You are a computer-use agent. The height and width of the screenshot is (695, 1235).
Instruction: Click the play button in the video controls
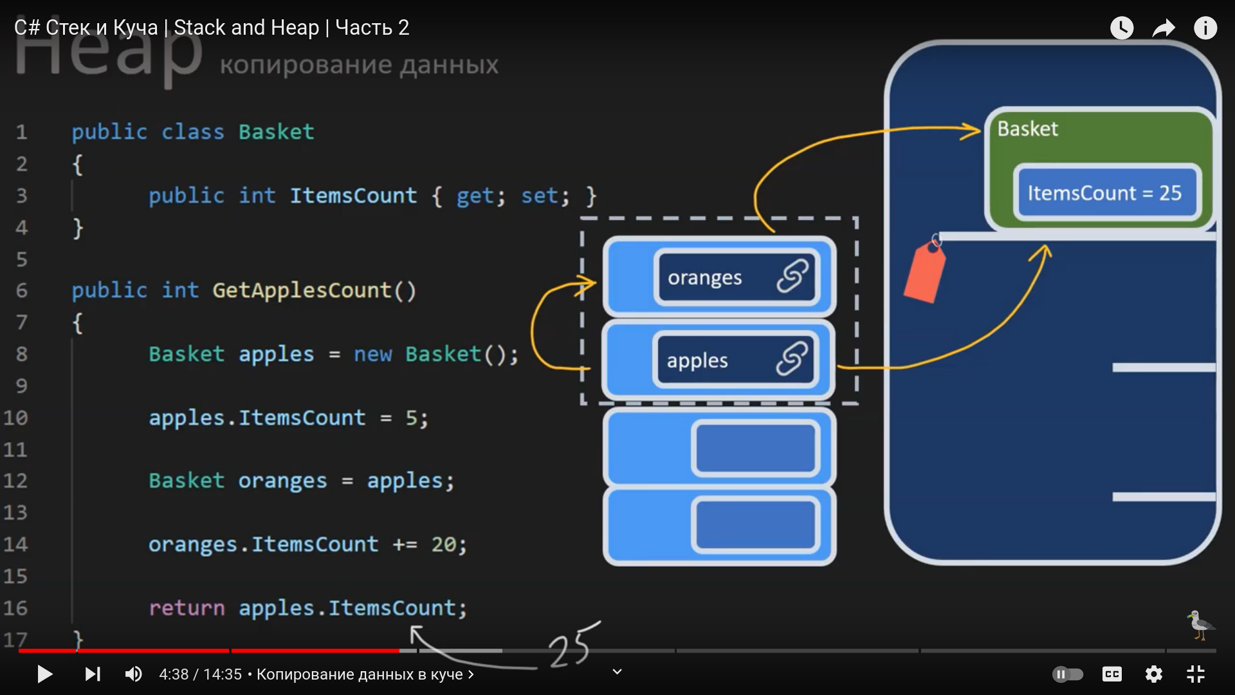pos(44,674)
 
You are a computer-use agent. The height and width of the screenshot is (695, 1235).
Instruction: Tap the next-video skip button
pos(93,674)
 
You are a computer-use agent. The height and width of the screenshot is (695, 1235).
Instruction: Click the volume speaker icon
pos(133,674)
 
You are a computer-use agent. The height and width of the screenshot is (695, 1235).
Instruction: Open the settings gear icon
pos(1154,674)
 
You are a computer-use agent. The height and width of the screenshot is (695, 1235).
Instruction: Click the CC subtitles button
pos(1112,674)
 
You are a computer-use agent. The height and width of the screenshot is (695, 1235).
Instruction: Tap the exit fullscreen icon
pos(1195,674)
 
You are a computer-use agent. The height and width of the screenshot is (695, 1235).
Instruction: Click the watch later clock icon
pos(1122,28)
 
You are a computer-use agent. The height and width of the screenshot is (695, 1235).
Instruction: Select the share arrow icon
pos(1164,28)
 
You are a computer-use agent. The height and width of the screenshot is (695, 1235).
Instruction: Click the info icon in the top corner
pos(1205,28)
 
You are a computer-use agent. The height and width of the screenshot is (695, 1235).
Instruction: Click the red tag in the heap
pos(924,272)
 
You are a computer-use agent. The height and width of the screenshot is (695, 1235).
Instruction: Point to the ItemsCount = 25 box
pos(1104,193)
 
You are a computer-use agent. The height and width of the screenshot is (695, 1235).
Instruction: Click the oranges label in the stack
pos(704,278)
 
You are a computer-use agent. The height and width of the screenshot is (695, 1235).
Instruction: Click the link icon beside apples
pos(792,358)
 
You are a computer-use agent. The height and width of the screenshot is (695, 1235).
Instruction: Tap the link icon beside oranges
pos(792,276)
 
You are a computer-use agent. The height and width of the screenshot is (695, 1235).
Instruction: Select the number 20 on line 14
pos(444,544)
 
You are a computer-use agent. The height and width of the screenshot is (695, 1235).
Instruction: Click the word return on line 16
pos(187,608)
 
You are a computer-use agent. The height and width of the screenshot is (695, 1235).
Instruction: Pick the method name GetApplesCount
pos(302,290)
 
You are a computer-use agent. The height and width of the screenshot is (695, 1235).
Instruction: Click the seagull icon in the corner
pos(1199,625)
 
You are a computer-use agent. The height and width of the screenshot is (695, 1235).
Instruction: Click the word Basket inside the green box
pos(1027,129)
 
